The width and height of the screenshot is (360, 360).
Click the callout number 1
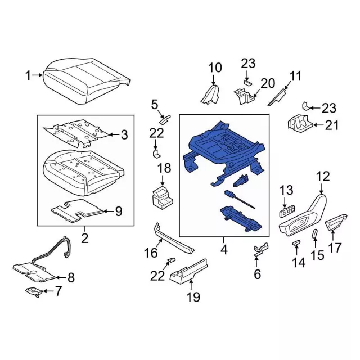(28, 75)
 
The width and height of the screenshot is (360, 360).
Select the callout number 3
(124, 135)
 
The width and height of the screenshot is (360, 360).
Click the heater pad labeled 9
(77, 210)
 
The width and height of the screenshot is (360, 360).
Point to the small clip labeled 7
(34, 291)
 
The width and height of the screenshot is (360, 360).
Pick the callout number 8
(71, 277)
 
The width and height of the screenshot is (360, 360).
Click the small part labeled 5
(165, 119)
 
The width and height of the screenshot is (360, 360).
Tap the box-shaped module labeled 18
(163, 198)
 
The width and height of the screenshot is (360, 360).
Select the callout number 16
(151, 253)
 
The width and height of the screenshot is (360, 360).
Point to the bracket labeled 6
(261, 250)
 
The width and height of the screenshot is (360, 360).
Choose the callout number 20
(268, 83)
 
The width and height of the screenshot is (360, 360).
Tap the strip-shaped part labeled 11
(277, 97)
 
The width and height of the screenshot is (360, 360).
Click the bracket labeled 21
(300, 124)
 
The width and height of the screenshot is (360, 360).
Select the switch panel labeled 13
(287, 212)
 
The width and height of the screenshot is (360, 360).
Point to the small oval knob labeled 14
(296, 243)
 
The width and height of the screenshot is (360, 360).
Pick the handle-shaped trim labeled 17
(336, 223)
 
